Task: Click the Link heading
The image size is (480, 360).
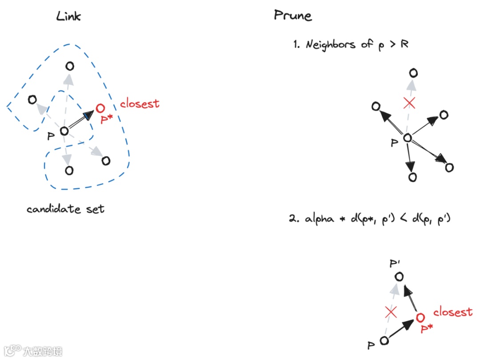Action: pyautogui.click(x=68, y=16)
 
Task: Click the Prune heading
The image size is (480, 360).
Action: pyautogui.click(x=292, y=16)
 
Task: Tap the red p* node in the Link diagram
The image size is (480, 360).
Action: pyautogui.click(x=100, y=108)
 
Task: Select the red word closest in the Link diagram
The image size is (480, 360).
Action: pyautogui.click(x=140, y=104)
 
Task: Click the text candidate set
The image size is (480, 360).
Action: pyautogui.click(x=65, y=209)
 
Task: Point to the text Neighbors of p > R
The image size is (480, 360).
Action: pyautogui.click(x=351, y=44)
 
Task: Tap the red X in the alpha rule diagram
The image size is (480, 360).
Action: pyautogui.click(x=391, y=312)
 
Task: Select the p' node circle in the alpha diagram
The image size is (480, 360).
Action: pyautogui.click(x=399, y=277)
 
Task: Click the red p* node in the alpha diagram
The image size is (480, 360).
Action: pyautogui.click(x=420, y=317)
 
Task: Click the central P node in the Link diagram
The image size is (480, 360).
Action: pyautogui.click(x=64, y=131)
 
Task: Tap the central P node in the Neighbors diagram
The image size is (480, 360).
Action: pyautogui.click(x=407, y=138)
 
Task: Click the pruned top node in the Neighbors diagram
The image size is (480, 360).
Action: pyautogui.click(x=413, y=73)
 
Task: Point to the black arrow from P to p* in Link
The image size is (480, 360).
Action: pyautogui.click(x=82, y=120)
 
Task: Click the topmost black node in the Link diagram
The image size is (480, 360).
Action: pyautogui.click(x=69, y=66)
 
